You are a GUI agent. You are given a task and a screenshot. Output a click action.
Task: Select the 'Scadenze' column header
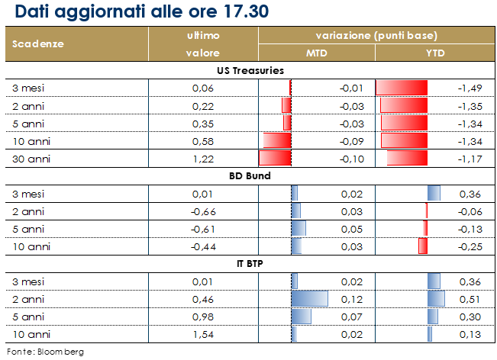(37, 43)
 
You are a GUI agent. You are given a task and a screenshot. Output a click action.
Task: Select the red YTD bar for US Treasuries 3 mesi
(402, 88)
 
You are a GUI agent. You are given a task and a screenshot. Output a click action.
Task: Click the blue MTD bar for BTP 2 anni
(309, 298)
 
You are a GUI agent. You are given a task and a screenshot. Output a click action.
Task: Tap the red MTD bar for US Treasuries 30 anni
(276, 158)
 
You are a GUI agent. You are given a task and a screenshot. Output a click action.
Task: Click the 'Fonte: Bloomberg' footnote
(45, 352)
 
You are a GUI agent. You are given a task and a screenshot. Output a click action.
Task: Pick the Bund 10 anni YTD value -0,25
(468, 246)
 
